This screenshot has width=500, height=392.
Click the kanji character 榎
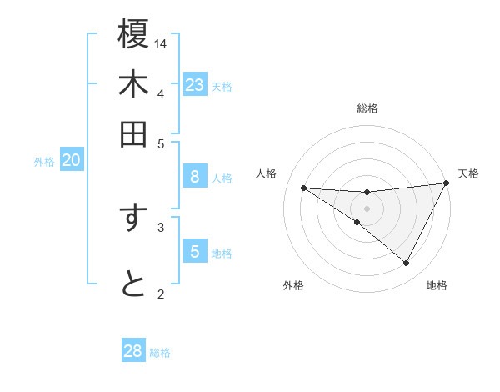click(133, 36)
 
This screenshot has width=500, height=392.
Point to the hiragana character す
click(133, 218)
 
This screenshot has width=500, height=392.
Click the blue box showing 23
click(194, 85)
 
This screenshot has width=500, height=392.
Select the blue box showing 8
click(194, 177)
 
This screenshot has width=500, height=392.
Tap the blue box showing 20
click(71, 161)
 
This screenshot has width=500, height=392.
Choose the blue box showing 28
click(133, 351)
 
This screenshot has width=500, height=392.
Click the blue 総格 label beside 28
click(160, 353)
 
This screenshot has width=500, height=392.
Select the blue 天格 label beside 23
click(222, 87)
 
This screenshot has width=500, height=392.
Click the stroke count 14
click(162, 43)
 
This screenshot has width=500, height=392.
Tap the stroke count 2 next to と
click(161, 293)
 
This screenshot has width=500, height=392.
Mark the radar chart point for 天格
click(447, 183)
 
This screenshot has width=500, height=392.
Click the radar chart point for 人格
click(303, 188)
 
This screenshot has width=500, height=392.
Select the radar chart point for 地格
click(407, 264)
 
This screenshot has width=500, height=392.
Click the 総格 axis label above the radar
click(367, 108)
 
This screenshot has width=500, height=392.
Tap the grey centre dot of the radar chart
click(367, 208)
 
